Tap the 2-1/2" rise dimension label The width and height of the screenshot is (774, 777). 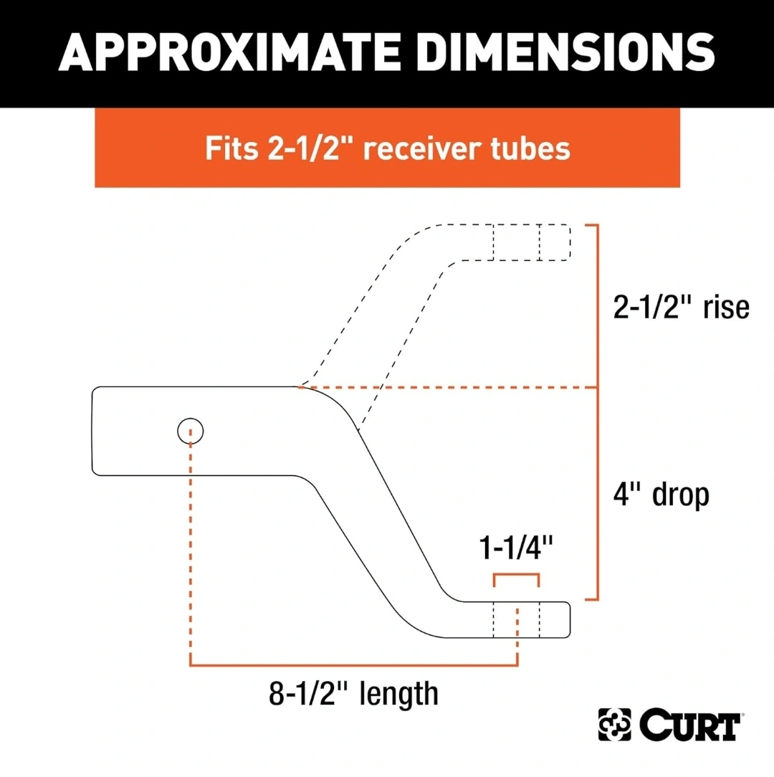(681, 308)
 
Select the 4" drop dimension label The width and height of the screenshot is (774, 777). (661, 494)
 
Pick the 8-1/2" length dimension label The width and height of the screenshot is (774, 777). (353, 694)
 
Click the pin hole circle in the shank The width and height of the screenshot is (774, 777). (191, 431)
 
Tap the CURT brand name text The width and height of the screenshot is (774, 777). (689, 725)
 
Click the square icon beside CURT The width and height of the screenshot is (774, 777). (614, 725)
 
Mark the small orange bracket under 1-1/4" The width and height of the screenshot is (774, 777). (516, 574)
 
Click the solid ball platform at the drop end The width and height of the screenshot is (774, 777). (515, 619)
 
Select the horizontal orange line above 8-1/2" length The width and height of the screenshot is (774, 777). (354, 664)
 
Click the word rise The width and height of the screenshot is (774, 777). (726, 308)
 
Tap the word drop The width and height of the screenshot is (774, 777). (681, 495)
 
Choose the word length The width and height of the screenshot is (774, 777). (399, 695)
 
